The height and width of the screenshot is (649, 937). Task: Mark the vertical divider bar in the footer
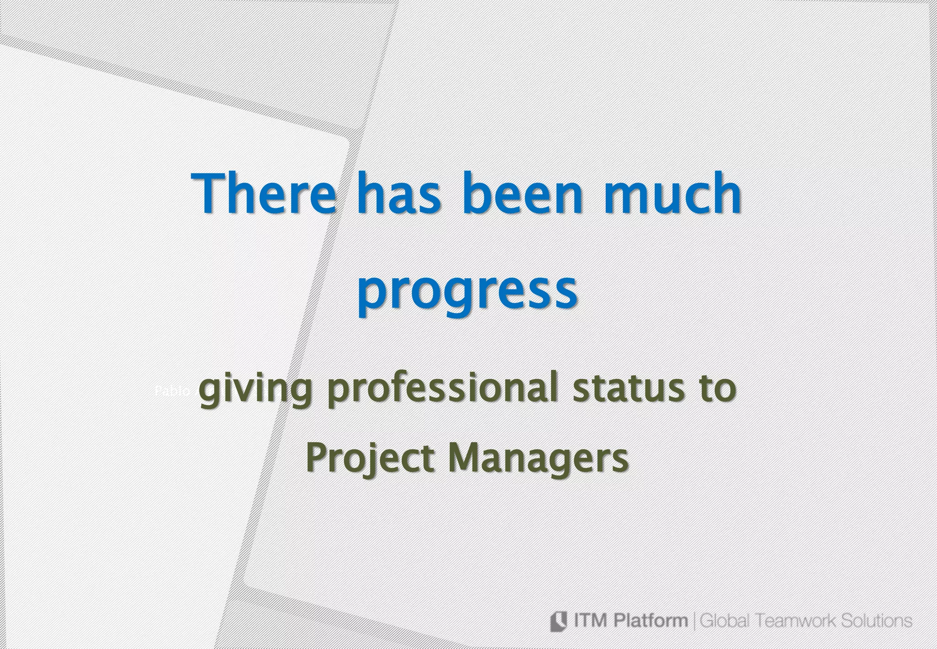(695, 622)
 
